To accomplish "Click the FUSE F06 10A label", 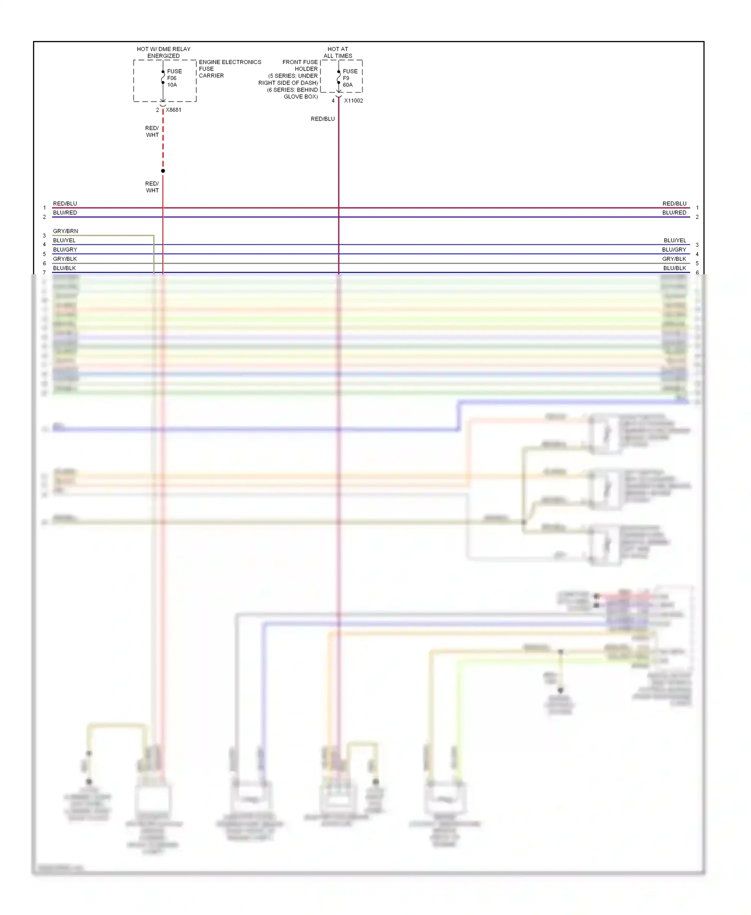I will tap(174, 78).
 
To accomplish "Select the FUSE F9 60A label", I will tap(349, 78).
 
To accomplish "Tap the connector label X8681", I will tap(173, 110).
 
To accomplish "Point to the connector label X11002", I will tap(353, 101).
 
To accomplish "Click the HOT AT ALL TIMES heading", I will tap(338, 53).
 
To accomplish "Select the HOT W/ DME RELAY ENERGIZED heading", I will tap(164, 53).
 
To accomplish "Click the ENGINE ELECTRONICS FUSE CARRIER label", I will tap(229, 69).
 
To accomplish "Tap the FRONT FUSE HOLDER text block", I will tap(289, 79).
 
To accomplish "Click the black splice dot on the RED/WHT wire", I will tap(163, 171).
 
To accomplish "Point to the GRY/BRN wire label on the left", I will tap(66, 231).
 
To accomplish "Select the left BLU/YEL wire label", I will tap(64, 240).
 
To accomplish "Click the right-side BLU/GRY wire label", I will tap(674, 249).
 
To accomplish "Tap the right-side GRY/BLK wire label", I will tap(674, 259).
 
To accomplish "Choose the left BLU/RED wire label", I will tap(65, 213).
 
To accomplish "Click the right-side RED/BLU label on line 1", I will tap(674, 204).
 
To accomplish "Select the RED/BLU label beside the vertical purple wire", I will tap(322, 119).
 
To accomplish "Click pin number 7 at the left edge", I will tap(44, 273).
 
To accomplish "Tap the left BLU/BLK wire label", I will tap(65, 268).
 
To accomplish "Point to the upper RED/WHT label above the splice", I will tap(152, 132).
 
